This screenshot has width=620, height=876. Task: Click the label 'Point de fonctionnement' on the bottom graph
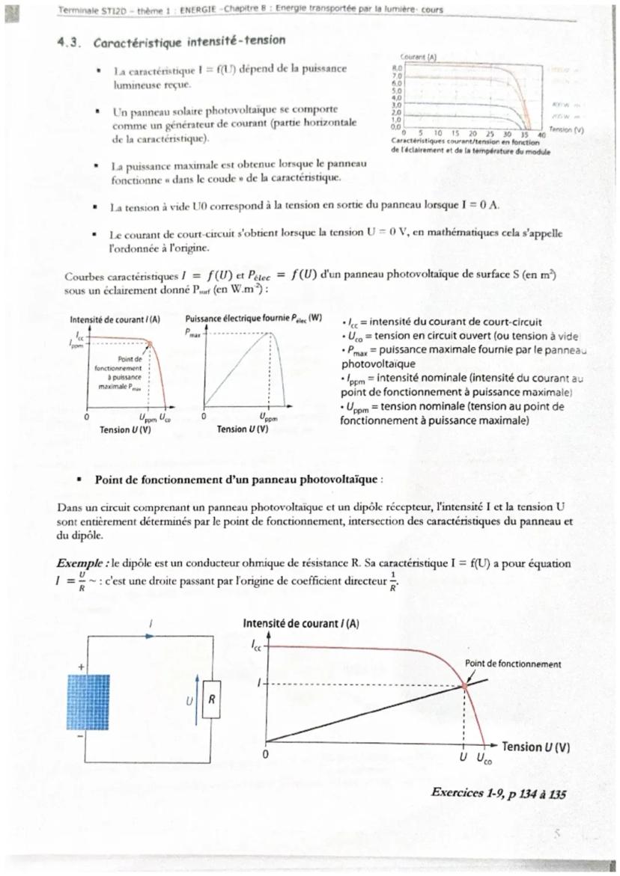(x=513, y=664)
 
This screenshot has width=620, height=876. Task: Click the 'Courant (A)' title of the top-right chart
(x=414, y=57)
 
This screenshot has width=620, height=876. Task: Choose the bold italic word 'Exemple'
(x=80, y=562)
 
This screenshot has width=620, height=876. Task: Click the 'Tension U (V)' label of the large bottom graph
(x=535, y=747)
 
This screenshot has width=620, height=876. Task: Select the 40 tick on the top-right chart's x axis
(x=542, y=134)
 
